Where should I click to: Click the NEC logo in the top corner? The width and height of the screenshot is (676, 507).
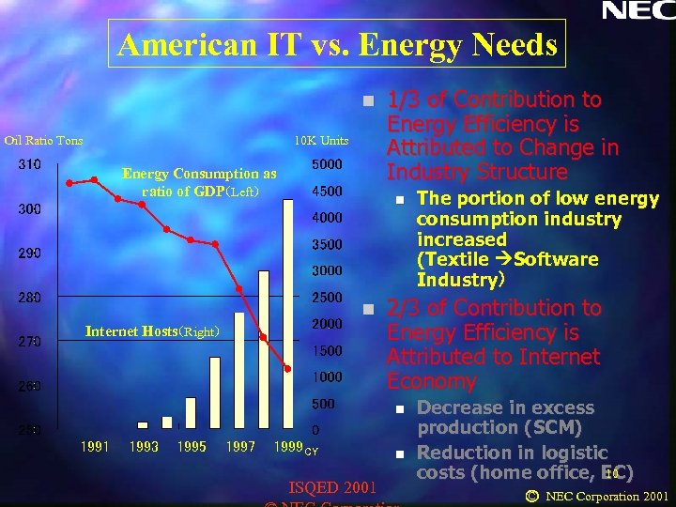click(x=638, y=11)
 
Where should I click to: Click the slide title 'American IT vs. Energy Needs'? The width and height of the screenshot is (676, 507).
click(x=338, y=44)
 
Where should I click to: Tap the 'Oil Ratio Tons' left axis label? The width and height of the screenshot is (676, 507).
click(x=43, y=141)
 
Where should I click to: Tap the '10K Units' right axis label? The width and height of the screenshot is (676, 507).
click(x=321, y=141)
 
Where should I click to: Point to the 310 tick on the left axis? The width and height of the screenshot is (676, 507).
click(x=28, y=165)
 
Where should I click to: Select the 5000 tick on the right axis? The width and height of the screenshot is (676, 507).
click(x=327, y=165)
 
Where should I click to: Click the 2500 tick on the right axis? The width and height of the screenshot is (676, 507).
click(x=327, y=298)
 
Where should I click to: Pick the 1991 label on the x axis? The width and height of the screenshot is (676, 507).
click(x=94, y=447)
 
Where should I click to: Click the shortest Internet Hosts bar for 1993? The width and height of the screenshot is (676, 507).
click(x=143, y=425)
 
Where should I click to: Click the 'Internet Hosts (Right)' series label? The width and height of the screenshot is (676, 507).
click(x=153, y=331)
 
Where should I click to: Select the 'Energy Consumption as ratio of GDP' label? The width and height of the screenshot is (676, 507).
click(x=199, y=182)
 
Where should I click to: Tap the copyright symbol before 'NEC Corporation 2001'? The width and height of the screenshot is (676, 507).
click(x=531, y=496)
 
